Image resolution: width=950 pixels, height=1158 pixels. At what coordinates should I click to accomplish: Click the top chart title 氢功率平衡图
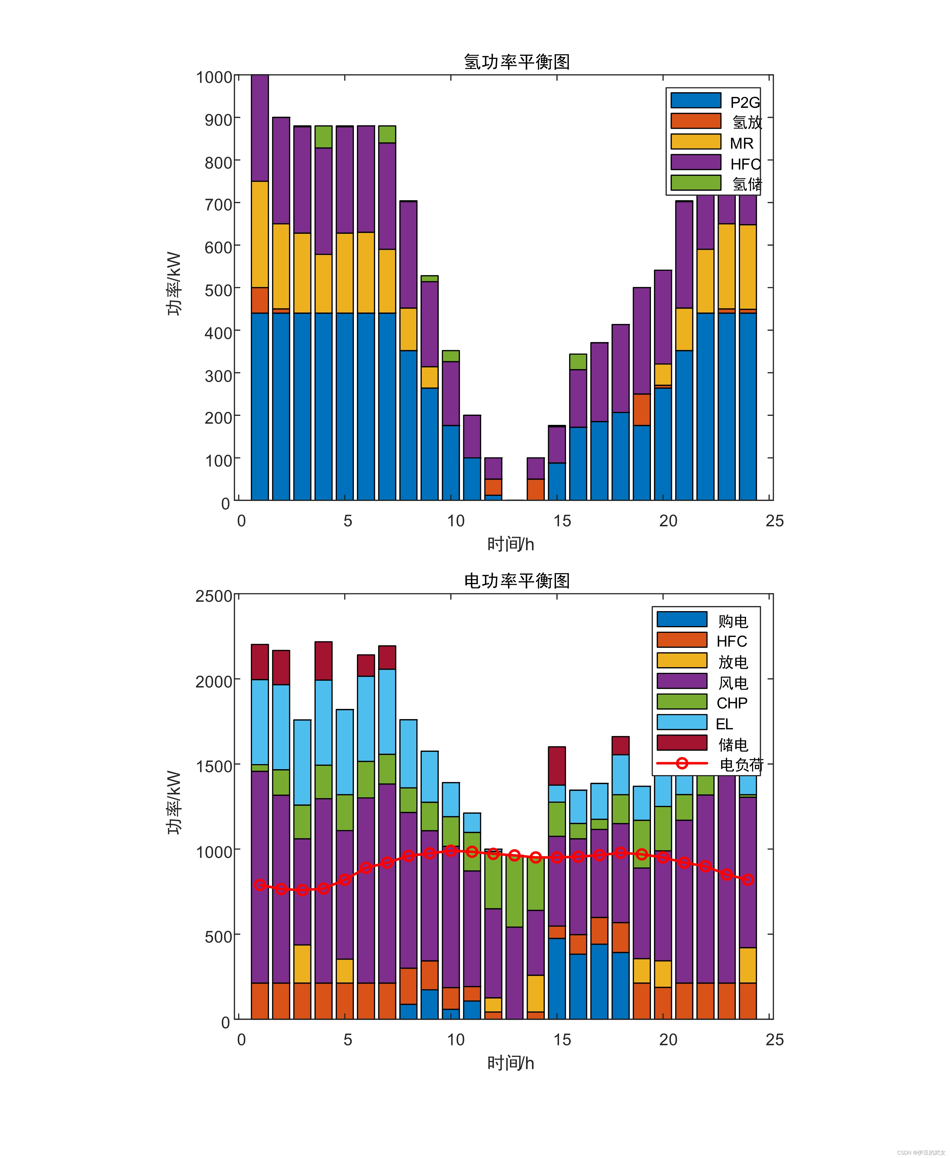point(517,62)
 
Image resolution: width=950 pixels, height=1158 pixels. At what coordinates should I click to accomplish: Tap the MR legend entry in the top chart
point(741,143)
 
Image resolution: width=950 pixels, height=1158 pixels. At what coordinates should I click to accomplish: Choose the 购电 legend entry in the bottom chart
point(733,621)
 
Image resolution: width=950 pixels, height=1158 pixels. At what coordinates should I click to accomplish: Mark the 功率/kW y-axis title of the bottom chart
point(174,802)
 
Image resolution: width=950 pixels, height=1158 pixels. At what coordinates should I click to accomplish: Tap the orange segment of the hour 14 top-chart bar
point(536,490)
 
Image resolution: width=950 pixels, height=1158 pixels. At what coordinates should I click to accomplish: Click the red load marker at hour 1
point(260,884)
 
